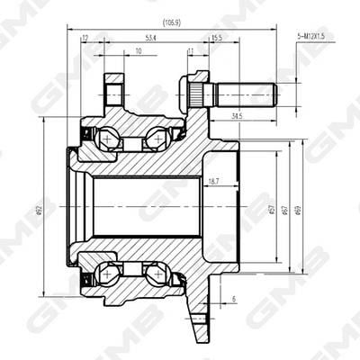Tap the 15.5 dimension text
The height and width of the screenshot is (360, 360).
[x=216, y=38]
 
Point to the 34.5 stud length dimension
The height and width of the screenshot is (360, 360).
[x=237, y=116]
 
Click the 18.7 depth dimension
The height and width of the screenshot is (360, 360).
[x=213, y=182]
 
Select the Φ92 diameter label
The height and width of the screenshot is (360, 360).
[x=40, y=210]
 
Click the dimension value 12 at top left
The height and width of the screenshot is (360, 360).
[x=85, y=38]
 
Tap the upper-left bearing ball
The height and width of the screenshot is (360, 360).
[x=109, y=139]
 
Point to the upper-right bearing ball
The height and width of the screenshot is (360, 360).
[x=156, y=139]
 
